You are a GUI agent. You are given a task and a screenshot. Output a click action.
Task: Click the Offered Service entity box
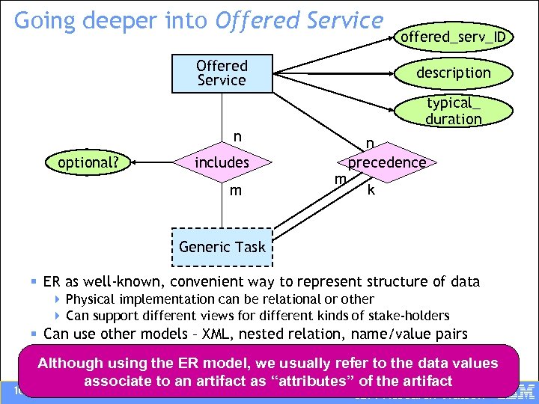[222, 73]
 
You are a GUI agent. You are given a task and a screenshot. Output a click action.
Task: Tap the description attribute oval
[453, 73]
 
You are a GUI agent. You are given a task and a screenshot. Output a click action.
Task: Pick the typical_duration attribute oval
[454, 111]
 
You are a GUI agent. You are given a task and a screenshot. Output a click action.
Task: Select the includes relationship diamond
[222, 162]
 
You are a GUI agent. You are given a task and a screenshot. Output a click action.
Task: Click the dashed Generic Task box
[222, 247]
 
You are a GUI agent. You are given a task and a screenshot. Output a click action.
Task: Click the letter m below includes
[236, 191]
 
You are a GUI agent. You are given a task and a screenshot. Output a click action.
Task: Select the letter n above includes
[237, 137]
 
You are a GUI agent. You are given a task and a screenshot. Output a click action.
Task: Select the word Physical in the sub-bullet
[91, 299]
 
